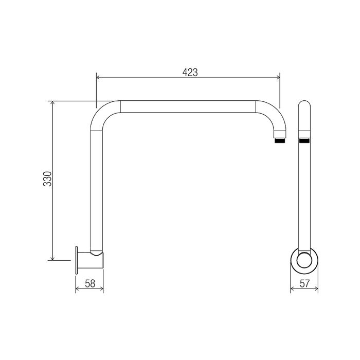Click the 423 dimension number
coord(190,73)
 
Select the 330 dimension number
coord(47,178)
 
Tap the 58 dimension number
coord(90,283)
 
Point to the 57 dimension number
coord(304,283)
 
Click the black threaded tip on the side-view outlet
coord(280,140)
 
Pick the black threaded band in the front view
coord(304,140)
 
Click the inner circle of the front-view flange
coord(304,261)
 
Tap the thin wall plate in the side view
coord(77,260)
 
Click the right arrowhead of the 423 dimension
coord(278,77)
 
